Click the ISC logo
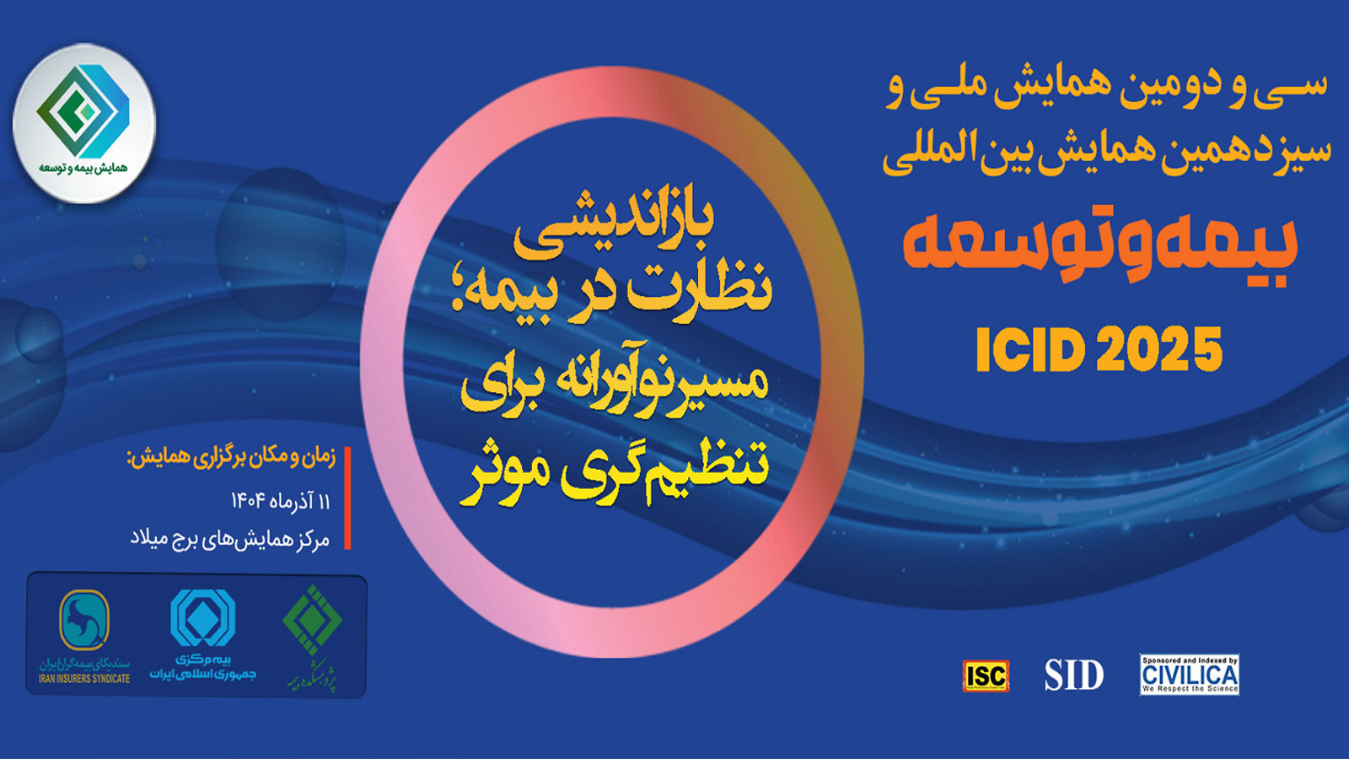(986, 676)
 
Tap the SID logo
(1073, 675)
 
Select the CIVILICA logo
(1189, 675)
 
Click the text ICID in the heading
(1029, 349)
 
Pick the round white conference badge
(83, 123)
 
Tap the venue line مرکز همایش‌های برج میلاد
(229, 540)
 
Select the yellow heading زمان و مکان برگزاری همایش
(231, 458)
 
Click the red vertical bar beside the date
(347, 498)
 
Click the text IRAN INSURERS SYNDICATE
(84, 679)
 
